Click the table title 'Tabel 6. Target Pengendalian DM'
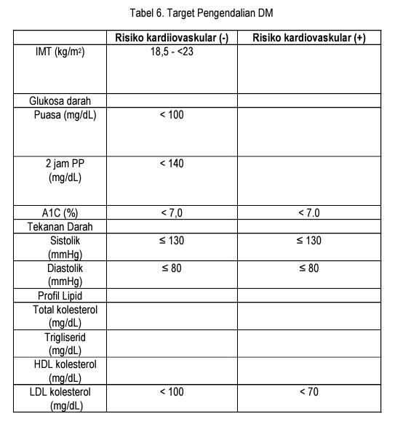tap(202, 13)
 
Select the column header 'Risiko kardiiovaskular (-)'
tap(172, 38)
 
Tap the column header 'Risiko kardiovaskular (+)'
tap(308, 38)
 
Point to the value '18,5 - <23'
tap(172, 52)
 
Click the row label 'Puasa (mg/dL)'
tap(65, 115)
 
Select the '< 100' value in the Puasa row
tap(172, 115)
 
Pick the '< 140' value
tap(172, 164)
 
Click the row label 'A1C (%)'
tap(60, 213)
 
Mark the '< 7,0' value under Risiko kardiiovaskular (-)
tap(172, 213)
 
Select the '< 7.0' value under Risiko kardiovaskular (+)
tap(309, 213)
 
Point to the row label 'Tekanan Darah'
tap(60, 227)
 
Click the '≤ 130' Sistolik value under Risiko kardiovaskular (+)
tap(309, 241)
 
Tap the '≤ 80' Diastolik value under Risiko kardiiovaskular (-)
tap(172, 268)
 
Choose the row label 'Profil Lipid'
tap(60, 296)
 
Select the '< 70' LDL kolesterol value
tap(309, 393)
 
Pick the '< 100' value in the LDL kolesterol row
tap(172, 393)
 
